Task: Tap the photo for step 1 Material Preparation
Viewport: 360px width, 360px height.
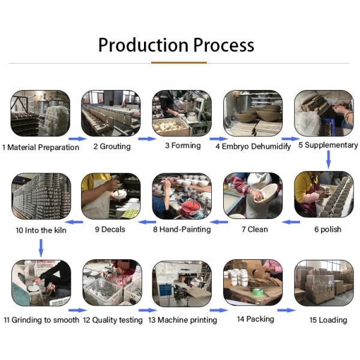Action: pos(40,113)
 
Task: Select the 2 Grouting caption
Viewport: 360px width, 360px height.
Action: pos(112,146)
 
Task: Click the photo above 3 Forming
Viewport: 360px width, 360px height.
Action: pos(182,113)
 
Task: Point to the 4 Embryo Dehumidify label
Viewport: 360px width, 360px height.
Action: pos(254,146)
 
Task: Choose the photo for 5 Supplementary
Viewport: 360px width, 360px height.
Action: pos(323,113)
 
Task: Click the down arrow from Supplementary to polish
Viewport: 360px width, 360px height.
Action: pos(328,159)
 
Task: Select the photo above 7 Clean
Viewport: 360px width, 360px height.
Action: pos(253,196)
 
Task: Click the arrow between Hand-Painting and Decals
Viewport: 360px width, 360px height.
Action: pos(148,222)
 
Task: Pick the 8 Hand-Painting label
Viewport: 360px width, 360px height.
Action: pos(182,229)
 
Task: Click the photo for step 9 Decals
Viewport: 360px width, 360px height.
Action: pos(111,196)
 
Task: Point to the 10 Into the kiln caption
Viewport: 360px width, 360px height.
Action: pos(41,229)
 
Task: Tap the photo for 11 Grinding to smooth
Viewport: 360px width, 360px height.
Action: pos(41,283)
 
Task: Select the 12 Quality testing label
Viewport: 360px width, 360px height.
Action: pos(113,320)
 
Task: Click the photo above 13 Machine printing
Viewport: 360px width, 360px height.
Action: pos(182,283)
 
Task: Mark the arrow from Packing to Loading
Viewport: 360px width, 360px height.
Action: pos(286,310)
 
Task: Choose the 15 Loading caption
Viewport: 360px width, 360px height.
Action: pos(328,320)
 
